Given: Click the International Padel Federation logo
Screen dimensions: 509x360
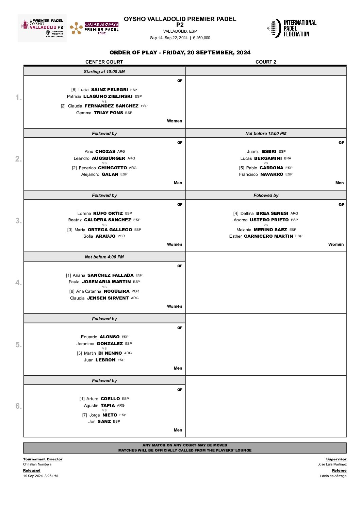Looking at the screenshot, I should (x=292, y=28).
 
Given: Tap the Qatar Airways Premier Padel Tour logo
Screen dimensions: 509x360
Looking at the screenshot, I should (x=94, y=28).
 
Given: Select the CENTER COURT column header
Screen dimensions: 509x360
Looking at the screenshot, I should (x=104, y=62).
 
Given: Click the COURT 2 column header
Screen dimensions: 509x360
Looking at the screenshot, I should (x=266, y=62).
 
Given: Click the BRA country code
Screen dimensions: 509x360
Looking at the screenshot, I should (x=288, y=158).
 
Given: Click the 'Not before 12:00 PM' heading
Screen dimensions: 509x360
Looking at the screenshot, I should (x=266, y=134).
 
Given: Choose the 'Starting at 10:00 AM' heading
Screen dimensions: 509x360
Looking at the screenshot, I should (x=104, y=72).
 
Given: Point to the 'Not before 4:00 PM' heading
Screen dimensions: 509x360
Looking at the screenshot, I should (x=104, y=257).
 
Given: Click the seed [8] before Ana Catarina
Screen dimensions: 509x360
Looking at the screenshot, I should (x=72, y=291).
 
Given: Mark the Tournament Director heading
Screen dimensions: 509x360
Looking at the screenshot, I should (x=43, y=459).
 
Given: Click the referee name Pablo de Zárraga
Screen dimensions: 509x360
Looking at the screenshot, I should (x=333, y=476).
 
